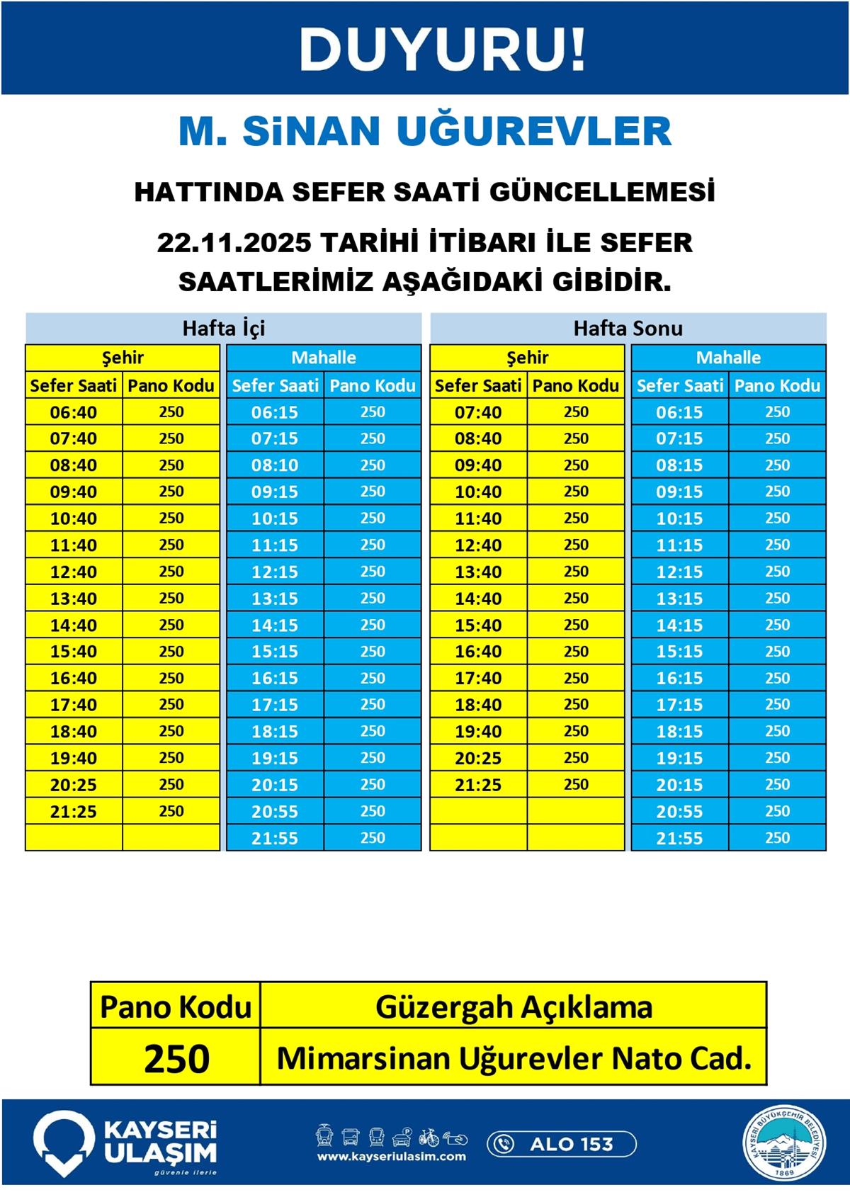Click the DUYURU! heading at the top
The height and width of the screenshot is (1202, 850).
pyautogui.click(x=443, y=50)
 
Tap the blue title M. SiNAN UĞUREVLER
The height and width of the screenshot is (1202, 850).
pyautogui.click(x=424, y=131)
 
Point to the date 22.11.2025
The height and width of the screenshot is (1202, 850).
pyautogui.click(x=234, y=243)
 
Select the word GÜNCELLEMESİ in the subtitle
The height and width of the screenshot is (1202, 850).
pyautogui.click(x=602, y=192)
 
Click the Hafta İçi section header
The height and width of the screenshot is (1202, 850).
pyautogui.click(x=223, y=328)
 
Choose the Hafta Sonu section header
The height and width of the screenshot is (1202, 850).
pyautogui.click(x=628, y=328)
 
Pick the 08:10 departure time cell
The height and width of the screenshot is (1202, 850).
pyautogui.click(x=275, y=465)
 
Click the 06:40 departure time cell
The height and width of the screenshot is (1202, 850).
pyautogui.click(x=74, y=412)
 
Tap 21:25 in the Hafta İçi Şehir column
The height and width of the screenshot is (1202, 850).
pyautogui.click(x=74, y=812)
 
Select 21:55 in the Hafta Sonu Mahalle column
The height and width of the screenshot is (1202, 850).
pyautogui.click(x=679, y=839)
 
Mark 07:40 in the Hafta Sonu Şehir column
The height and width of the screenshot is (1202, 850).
pyautogui.click(x=478, y=412)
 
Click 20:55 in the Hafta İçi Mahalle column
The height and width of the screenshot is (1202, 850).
pyautogui.click(x=275, y=812)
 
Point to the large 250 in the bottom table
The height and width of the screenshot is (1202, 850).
pyautogui.click(x=176, y=1059)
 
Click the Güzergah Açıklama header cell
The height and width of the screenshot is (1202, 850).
pyautogui.click(x=514, y=1007)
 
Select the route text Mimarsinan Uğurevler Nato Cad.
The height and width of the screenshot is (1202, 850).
pyautogui.click(x=514, y=1059)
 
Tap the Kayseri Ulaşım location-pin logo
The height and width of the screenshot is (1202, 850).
pyautogui.click(x=64, y=1142)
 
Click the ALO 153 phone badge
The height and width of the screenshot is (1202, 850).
pyautogui.click(x=562, y=1144)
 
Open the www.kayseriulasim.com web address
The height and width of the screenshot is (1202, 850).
pyautogui.click(x=391, y=1157)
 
